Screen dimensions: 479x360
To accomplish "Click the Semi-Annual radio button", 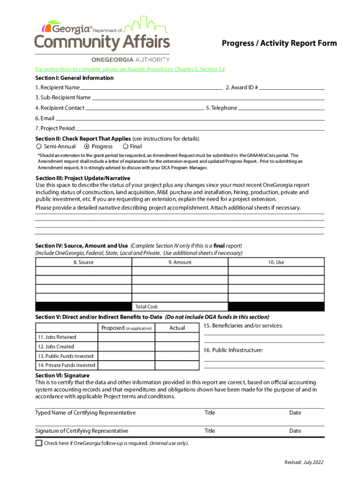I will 39,147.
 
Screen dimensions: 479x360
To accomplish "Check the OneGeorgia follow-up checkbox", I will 39,443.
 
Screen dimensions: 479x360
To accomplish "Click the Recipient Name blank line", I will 151,88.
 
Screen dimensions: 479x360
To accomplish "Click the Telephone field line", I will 281,109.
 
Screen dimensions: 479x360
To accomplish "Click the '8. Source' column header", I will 84,262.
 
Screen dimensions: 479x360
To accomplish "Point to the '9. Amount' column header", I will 180,262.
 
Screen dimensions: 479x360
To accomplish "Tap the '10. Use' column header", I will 276,262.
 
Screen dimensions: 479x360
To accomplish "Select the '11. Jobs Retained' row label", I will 57,337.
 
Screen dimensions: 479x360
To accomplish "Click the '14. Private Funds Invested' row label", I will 66,365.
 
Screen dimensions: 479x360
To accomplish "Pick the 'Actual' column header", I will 177,328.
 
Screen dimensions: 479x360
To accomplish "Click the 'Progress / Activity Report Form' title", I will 279,44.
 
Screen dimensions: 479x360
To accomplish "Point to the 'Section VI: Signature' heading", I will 62,376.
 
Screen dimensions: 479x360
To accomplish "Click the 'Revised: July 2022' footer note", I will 304,463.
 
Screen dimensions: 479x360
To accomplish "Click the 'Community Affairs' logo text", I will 102,43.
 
